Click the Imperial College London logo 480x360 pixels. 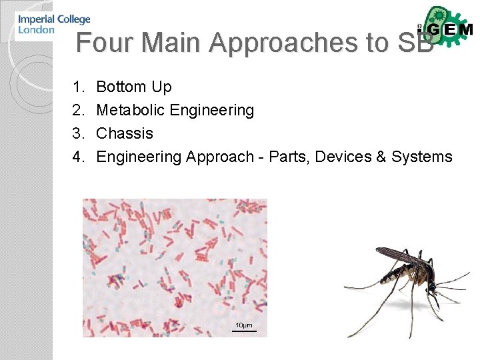(53, 25)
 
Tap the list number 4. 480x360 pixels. (78, 157)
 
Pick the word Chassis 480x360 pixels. (125, 133)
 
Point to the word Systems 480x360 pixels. (422, 157)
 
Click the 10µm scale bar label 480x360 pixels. (243, 325)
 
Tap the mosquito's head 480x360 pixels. (433, 286)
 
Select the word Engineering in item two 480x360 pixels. (212, 110)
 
